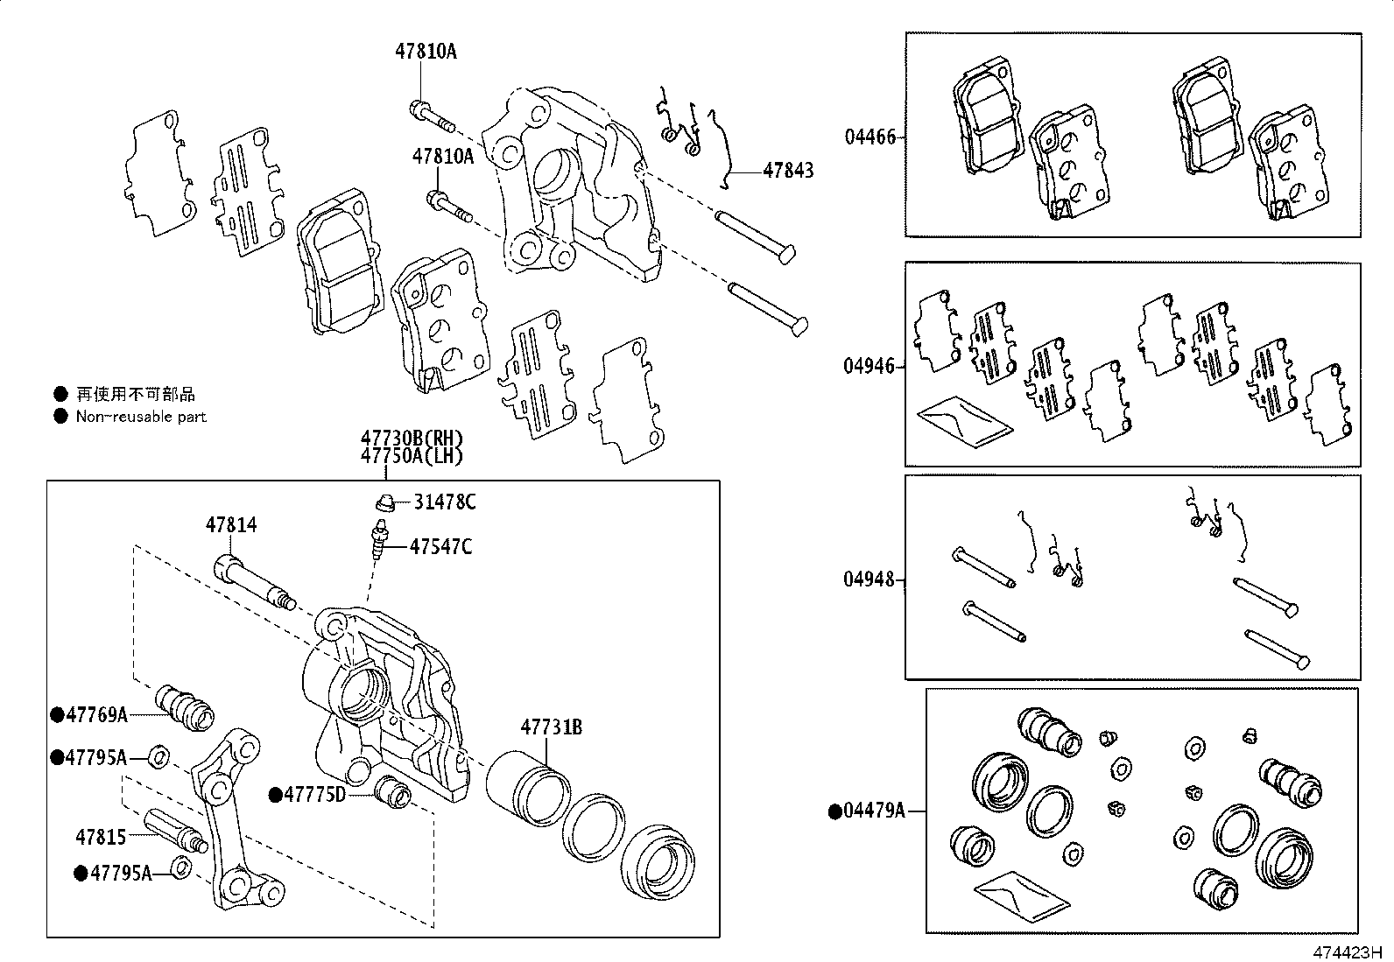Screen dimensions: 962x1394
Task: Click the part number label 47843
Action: pos(788,171)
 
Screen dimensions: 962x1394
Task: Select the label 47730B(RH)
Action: pos(411,439)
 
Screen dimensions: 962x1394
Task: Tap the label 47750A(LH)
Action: pos(411,456)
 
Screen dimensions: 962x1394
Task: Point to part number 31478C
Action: pos(445,502)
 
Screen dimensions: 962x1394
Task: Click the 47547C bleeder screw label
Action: pos(441,548)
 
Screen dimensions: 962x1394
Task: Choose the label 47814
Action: pos(231,525)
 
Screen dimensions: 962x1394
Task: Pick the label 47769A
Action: pos(96,715)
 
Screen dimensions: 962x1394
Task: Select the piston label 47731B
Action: pos(552,727)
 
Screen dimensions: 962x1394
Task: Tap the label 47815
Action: pos(101,837)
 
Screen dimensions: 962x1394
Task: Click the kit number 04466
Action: pos(869,137)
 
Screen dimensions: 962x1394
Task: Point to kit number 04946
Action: pos(869,366)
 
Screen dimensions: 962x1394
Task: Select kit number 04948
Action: pos(869,579)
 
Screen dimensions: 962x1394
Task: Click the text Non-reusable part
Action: pos(141,417)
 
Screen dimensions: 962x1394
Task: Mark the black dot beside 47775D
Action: pos(275,795)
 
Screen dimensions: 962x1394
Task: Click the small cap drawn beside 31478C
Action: pos(383,502)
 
